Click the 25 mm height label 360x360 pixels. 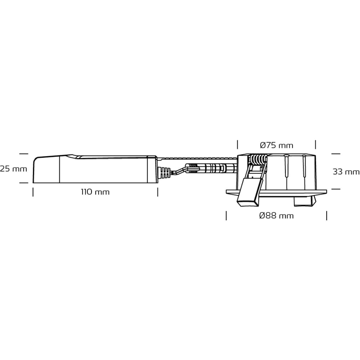[x=14, y=169]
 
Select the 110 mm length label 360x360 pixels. [x=95, y=192]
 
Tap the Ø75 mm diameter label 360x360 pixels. [x=276, y=145]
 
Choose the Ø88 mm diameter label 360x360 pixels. [x=276, y=216]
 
